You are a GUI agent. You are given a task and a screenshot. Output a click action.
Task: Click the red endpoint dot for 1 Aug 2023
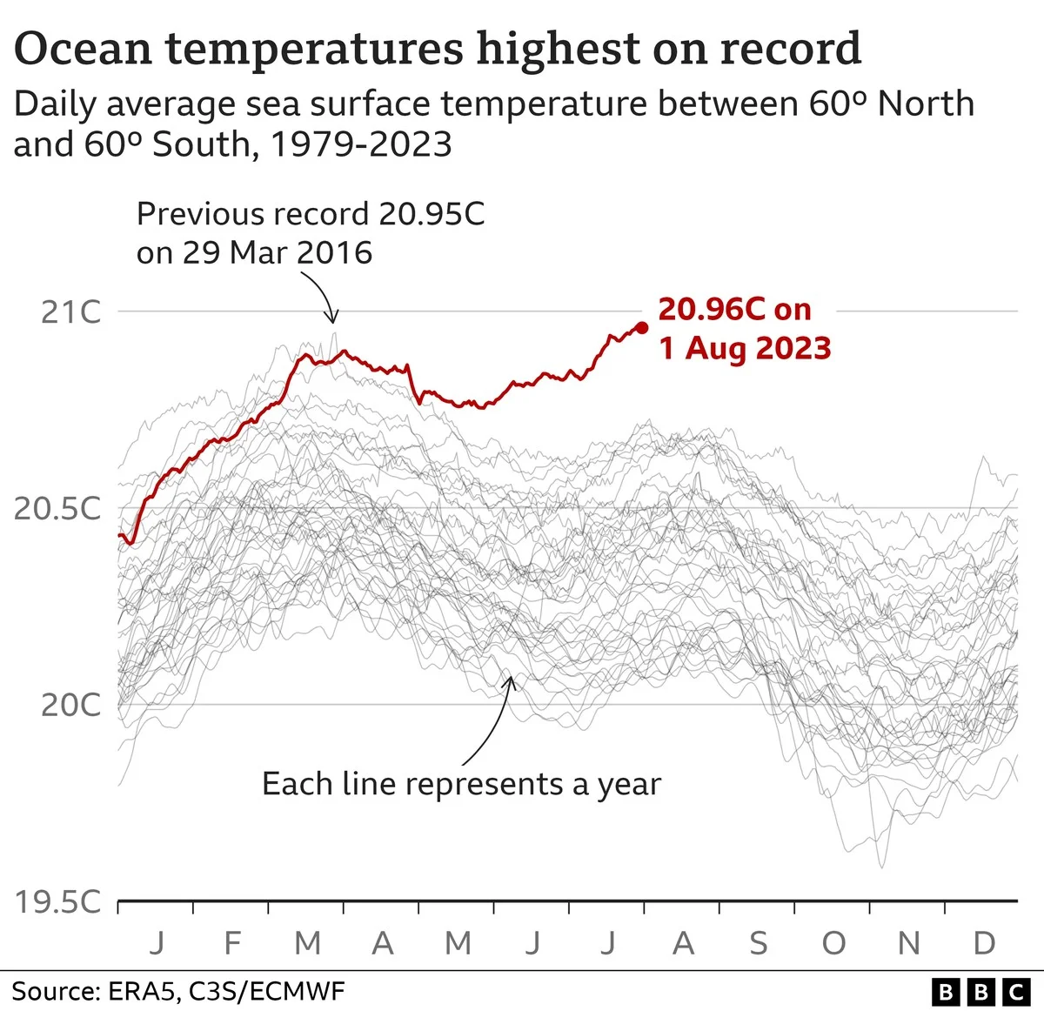642,327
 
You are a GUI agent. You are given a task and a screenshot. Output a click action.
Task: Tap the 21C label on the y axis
70,311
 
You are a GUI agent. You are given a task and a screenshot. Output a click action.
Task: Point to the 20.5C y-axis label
57,508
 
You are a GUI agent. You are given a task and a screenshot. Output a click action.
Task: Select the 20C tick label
70,705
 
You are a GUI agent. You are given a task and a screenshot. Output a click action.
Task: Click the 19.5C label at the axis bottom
57,901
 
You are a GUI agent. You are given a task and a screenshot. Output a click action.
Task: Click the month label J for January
157,943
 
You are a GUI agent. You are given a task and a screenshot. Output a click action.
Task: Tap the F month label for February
232,943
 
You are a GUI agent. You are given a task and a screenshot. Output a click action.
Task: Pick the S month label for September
759,943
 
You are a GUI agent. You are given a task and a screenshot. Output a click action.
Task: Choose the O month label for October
833,943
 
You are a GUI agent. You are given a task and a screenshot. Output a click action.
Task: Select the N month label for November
908,943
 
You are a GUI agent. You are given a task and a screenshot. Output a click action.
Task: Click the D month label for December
984,943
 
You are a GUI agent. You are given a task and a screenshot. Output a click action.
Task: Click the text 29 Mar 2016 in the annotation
277,253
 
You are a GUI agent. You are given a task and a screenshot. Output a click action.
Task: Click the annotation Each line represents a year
461,784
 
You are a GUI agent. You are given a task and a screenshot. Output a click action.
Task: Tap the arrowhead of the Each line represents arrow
512,680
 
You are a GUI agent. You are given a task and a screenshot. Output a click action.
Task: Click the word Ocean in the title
82,49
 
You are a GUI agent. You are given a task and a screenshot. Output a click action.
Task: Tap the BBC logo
980,991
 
